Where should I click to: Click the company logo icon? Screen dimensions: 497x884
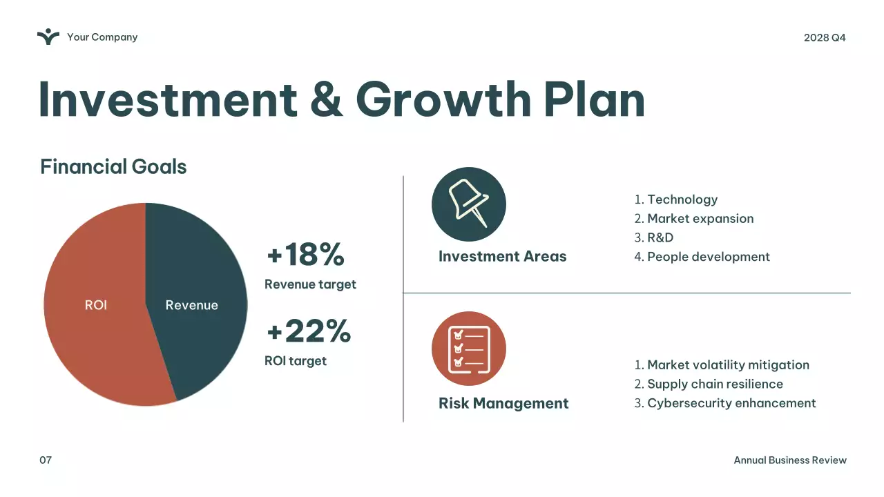click(x=48, y=37)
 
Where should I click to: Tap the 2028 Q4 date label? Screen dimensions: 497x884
click(x=825, y=37)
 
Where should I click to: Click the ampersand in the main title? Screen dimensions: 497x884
click(x=326, y=99)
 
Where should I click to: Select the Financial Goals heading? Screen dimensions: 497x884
click(x=113, y=167)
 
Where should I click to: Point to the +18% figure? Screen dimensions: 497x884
click(x=305, y=254)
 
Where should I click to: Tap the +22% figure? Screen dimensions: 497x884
click(x=309, y=331)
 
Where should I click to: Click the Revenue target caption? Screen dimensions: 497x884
click(x=310, y=284)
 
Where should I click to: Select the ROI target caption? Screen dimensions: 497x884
click(x=296, y=361)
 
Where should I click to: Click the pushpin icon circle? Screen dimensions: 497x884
click(x=469, y=204)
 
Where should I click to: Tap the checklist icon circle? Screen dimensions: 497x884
click(x=469, y=349)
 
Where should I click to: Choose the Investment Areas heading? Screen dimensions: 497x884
click(x=502, y=257)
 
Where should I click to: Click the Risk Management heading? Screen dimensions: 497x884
click(x=503, y=403)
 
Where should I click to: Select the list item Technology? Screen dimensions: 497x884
click(x=682, y=199)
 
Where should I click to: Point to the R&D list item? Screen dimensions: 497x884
click(x=660, y=237)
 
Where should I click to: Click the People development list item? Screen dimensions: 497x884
click(x=708, y=257)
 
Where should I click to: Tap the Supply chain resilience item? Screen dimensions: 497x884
click(x=715, y=384)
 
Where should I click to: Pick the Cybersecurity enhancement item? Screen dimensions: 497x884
click(x=731, y=403)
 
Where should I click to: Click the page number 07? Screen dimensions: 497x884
click(x=46, y=460)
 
